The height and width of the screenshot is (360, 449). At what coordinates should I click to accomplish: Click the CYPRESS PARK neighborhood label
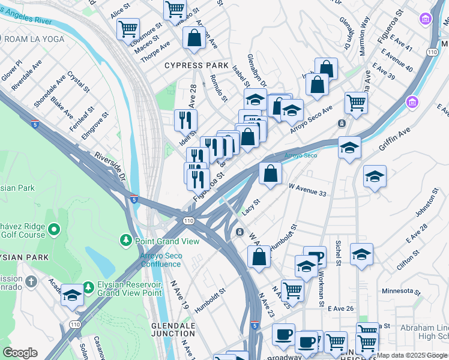[x=191, y=65]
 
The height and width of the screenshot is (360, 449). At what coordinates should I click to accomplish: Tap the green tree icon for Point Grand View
[x=126, y=241]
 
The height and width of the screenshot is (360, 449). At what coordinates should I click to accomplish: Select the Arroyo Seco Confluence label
[x=161, y=260]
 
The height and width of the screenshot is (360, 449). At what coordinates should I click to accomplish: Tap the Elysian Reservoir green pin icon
[x=88, y=288]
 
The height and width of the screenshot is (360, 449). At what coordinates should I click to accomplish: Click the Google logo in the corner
[x=20, y=353]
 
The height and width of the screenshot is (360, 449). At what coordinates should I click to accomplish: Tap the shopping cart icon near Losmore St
[x=128, y=28]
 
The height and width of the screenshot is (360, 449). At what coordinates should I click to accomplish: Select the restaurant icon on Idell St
[x=185, y=120]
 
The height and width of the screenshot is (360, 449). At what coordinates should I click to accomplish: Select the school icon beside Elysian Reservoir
[x=72, y=295]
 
